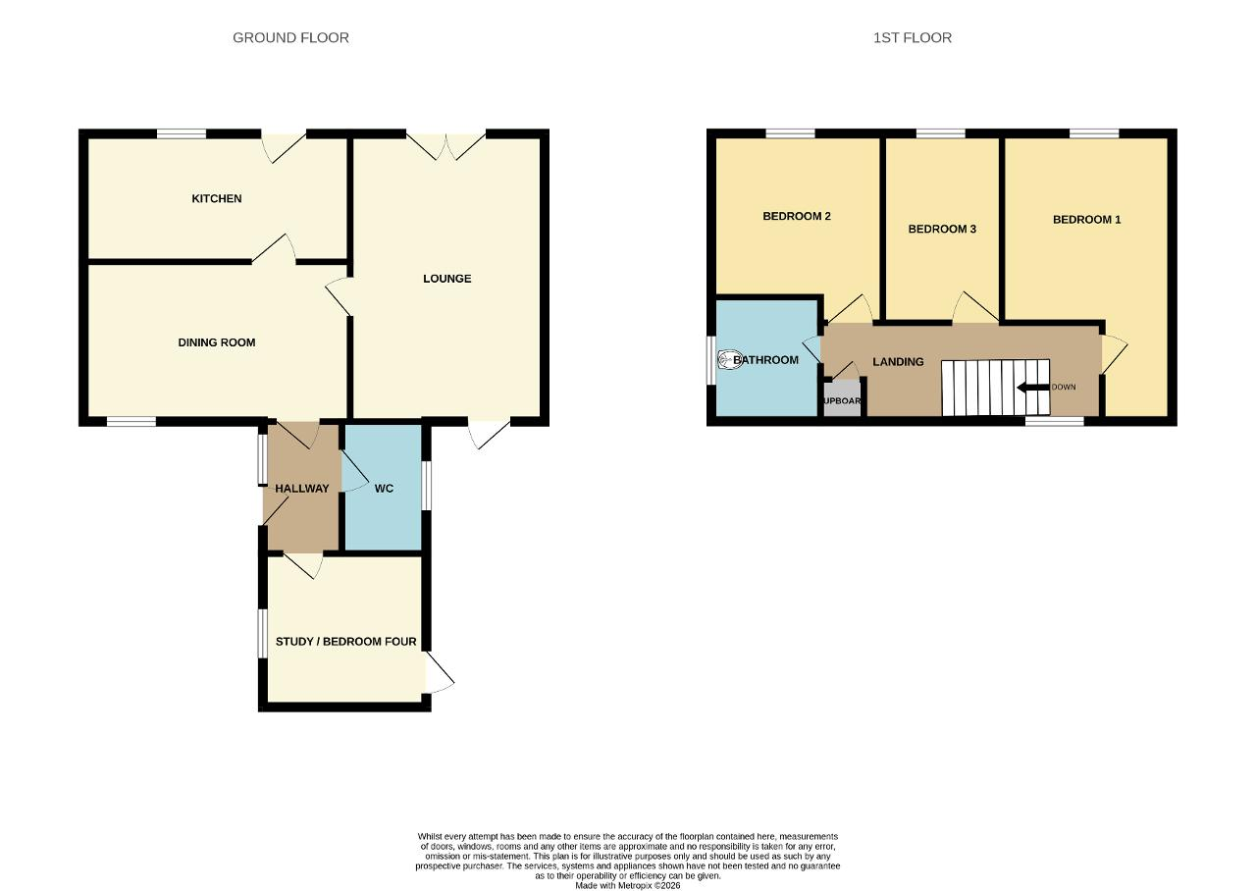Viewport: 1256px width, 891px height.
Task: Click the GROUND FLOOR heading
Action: (x=290, y=37)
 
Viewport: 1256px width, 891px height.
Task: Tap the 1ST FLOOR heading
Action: (x=913, y=37)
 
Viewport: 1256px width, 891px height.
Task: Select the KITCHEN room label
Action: (x=217, y=198)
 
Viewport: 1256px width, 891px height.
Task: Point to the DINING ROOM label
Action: (x=217, y=342)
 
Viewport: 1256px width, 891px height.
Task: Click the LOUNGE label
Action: (x=446, y=279)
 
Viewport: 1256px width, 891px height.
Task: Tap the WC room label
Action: (x=384, y=489)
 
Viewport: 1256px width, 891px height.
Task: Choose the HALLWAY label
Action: (x=301, y=489)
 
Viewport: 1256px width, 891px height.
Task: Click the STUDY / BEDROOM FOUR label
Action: (x=346, y=642)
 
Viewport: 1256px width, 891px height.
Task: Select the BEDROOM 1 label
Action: (x=1086, y=220)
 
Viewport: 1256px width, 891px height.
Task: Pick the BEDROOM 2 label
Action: (x=796, y=217)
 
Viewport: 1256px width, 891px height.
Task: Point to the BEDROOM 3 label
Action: (x=942, y=229)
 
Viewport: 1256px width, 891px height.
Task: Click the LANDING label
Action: (x=898, y=362)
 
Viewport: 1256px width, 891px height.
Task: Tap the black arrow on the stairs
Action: (x=1033, y=387)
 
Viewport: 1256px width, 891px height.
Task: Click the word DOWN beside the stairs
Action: (x=1063, y=387)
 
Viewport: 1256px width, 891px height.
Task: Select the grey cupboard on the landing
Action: (x=842, y=398)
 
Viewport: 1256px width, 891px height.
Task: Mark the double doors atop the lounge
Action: (x=445, y=147)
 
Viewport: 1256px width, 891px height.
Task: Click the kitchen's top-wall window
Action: (x=182, y=133)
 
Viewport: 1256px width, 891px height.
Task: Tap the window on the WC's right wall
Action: (x=426, y=486)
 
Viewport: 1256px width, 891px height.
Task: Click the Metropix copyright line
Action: (x=627, y=885)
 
